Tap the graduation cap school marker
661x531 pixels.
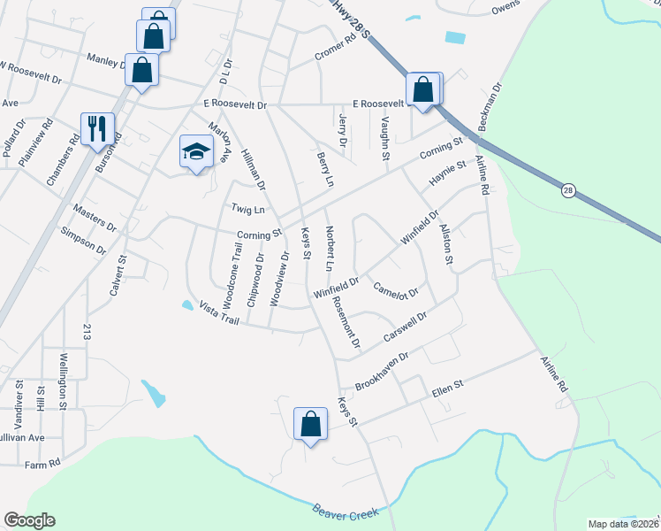[x=196, y=150]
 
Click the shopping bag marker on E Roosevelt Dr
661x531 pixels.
[x=423, y=89]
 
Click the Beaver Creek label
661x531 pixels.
[x=346, y=511]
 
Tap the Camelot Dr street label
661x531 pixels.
[x=395, y=289]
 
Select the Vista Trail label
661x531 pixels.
[x=219, y=310]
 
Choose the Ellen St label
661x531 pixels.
[x=447, y=386]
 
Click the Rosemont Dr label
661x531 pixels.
[x=346, y=320]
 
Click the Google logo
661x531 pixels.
[x=29, y=520]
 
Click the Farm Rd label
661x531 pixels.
[x=42, y=464]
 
